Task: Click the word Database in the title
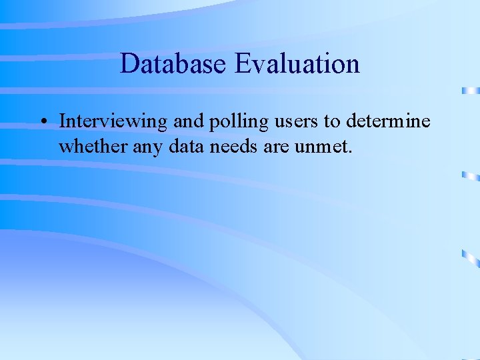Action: (174, 64)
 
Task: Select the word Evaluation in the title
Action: (297, 64)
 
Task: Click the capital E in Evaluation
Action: (242, 64)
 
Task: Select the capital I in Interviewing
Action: (62, 121)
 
